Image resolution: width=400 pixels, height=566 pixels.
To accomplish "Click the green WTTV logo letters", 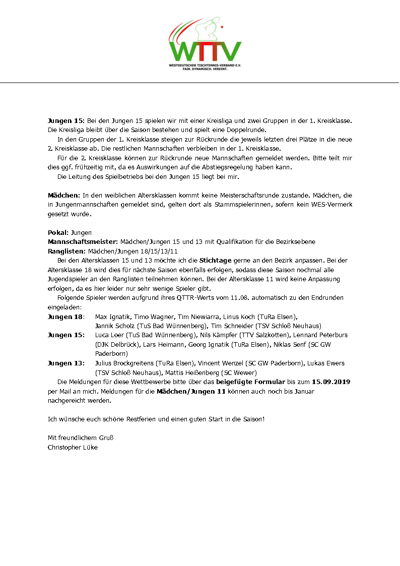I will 205,51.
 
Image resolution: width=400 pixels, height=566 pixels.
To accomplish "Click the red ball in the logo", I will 222,24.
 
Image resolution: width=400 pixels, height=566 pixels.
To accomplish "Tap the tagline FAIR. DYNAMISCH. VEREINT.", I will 205,69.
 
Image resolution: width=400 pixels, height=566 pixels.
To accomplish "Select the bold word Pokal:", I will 58,232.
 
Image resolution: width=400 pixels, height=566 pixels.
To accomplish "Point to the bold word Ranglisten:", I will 67,251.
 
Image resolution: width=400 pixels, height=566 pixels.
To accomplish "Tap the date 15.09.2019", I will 331,382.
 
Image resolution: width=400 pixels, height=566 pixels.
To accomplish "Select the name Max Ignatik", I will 113,317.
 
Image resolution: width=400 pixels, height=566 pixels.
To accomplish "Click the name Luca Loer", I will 109,335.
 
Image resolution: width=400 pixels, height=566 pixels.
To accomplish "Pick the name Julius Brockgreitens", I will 124,363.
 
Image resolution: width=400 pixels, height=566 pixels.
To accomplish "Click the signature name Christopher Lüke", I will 73,447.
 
